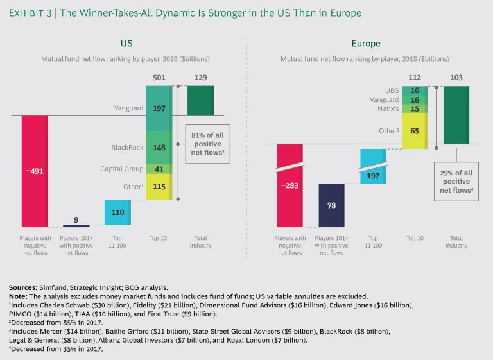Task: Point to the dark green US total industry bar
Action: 200,99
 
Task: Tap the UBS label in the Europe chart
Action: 392,90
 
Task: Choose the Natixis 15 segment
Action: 415,109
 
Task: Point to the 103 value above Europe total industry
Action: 456,78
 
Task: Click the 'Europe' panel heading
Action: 366,44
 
